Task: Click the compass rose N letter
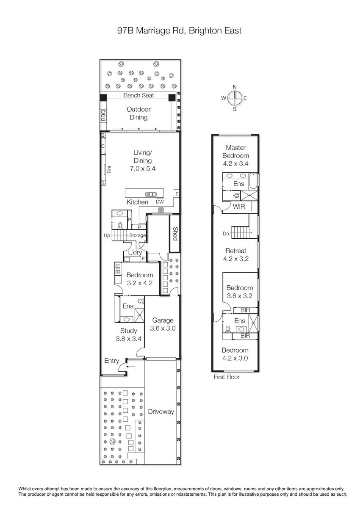pyautogui.click(x=235, y=87)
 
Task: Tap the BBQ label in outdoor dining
pyautogui.click(x=103, y=116)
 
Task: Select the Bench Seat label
pyautogui.click(x=138, y=95)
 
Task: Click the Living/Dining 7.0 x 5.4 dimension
pyautogui.click(x=143, y=168)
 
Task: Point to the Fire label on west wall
pyautogui.click(x=110, y=169)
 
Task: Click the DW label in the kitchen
pyautogui.click(x=160, y=202)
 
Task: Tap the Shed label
pyautogui.click(x=175, y=234)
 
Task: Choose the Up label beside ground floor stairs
pyautogui.click(x=107, y=235)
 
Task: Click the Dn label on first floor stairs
pyautogui.click(x=226, y=233)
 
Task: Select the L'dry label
pyautogui.click(x=135, y=252)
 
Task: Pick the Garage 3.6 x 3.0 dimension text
pyautogui.click(x=163, y=328)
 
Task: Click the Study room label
pyautogui.click(x=128, y=331)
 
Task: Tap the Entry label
pyautogui.click(x=112, y=361)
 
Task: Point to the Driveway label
pyautogui.click(x=161, y=411)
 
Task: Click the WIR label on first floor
pyautogui.click(x=239, y=207)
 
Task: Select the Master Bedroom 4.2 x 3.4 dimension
pyautogui.click(x=235, y=163)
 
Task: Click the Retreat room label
pyautogui.click(x=235, y=251)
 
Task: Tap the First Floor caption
pyautogui.click(x=227, y=377)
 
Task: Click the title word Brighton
pyautogui.click(x=205, y=30)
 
